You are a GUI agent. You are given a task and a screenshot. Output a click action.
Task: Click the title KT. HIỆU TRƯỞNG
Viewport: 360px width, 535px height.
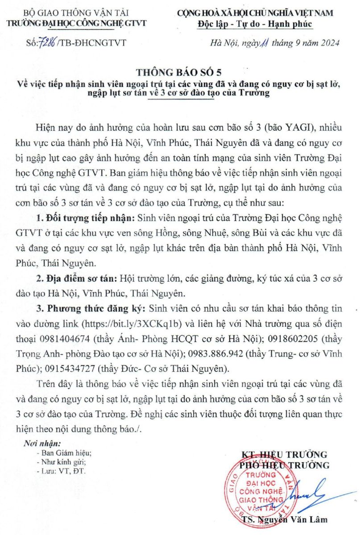pos(284,455)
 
